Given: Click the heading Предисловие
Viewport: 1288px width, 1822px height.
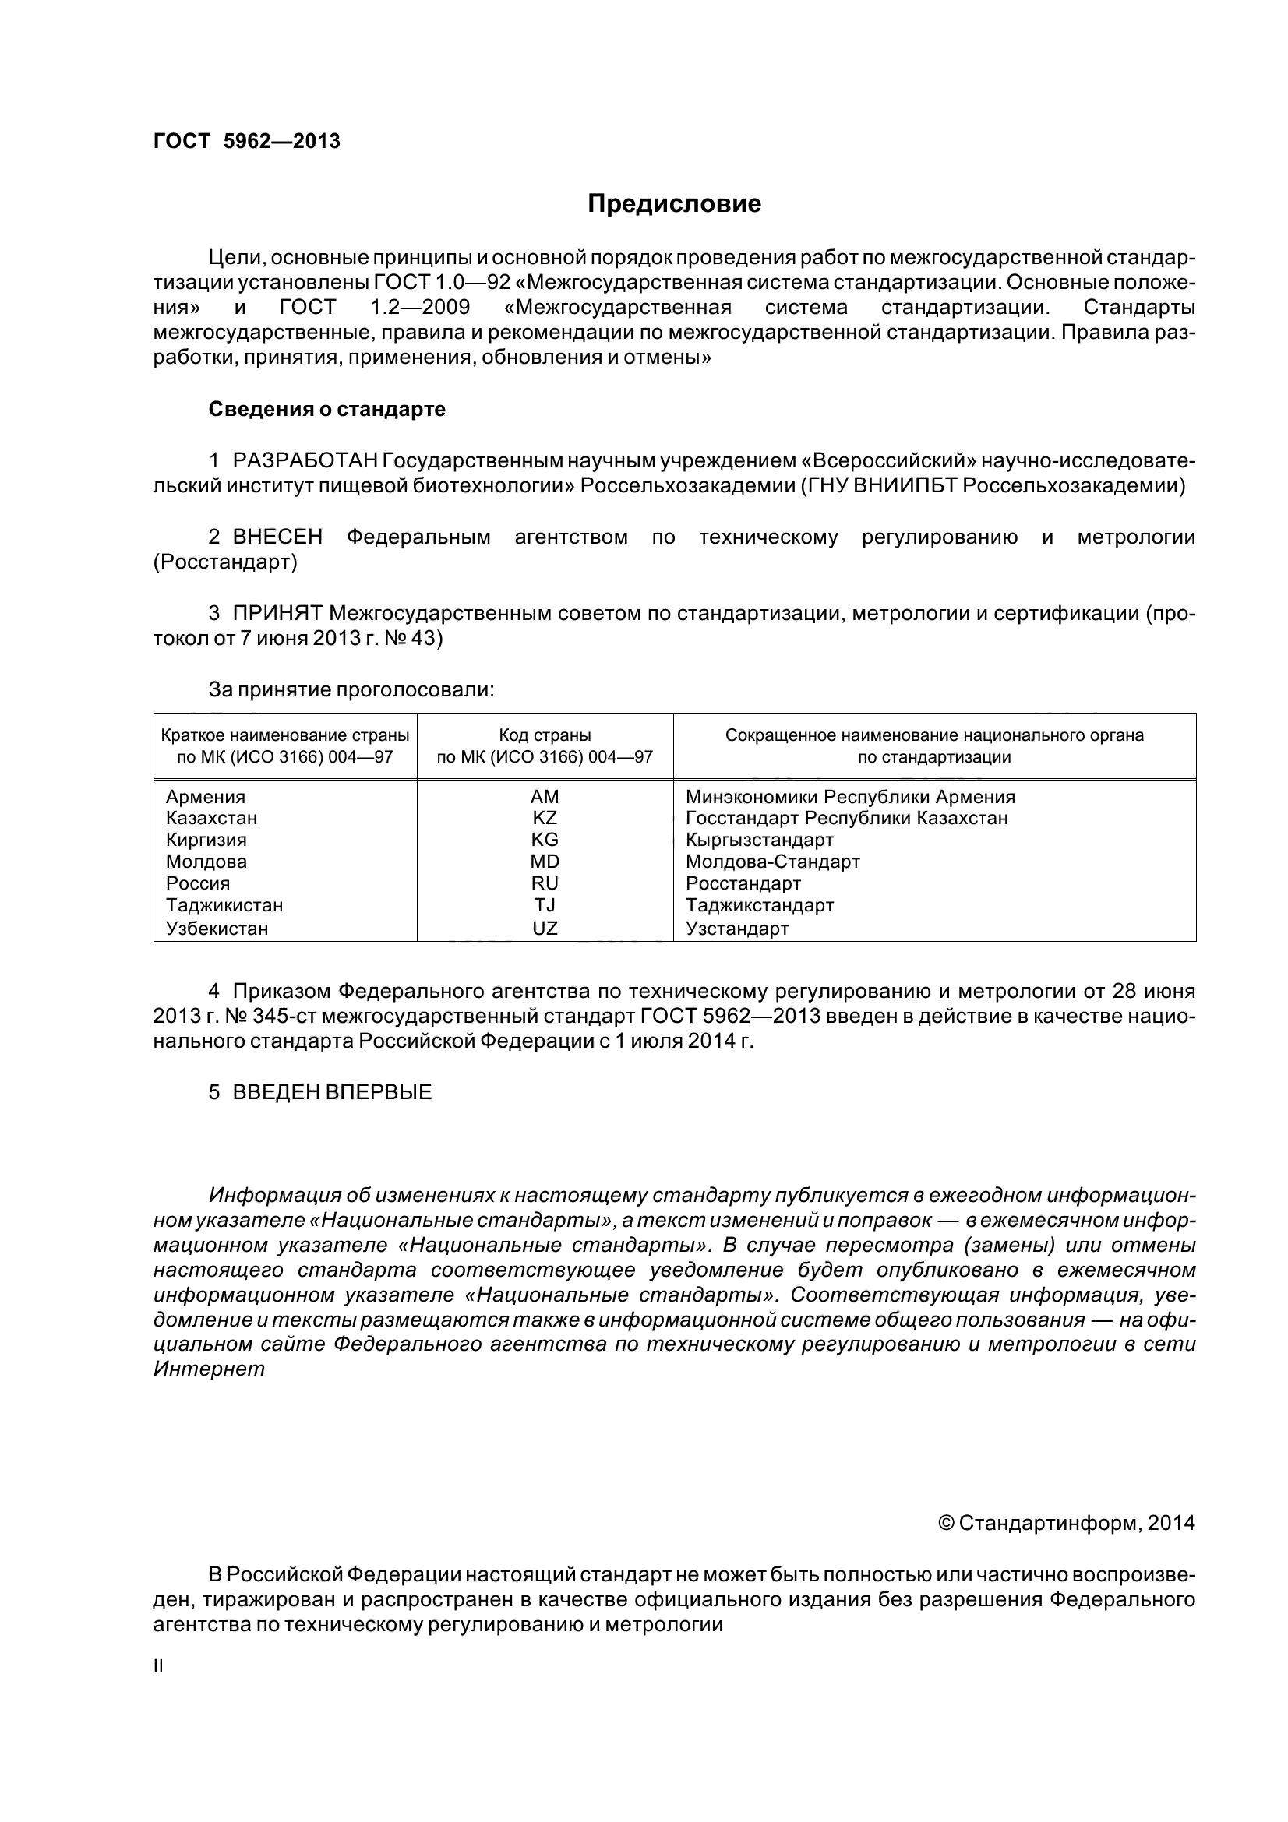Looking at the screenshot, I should coord(674,204).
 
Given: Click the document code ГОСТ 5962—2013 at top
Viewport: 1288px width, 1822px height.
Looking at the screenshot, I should coord(247,141).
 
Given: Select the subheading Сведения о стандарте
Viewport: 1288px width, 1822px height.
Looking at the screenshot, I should coord(326,410).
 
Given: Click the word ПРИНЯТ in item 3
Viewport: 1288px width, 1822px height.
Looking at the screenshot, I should coord(277,612).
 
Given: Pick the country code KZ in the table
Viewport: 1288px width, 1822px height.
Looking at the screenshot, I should coord(545,818).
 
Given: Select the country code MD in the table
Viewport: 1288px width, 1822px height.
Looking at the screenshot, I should coord(545,862).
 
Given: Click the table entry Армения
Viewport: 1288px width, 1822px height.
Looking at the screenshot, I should coord(206,797).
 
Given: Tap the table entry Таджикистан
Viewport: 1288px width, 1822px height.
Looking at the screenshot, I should coord(224,905).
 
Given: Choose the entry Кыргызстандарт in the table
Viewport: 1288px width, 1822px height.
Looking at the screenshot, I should coord(760,840).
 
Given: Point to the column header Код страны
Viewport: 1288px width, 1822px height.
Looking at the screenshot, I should coord(545,735).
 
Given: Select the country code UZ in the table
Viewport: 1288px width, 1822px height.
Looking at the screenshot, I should coord(545,928).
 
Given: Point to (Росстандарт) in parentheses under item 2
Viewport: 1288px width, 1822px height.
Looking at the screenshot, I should coord(225,562).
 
